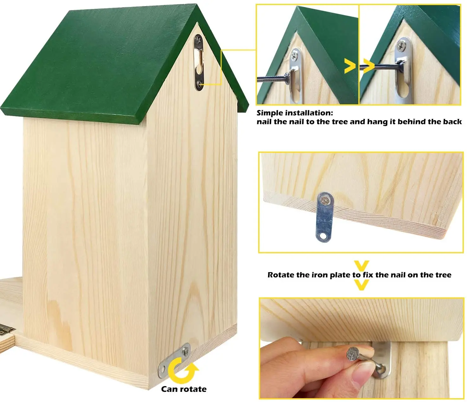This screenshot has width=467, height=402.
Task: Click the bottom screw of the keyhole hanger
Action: pos(199,84)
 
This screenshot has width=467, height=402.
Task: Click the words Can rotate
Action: pos(184,389)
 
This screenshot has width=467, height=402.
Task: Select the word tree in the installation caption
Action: pos(340,122)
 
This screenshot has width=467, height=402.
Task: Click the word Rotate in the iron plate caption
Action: pos(281,275)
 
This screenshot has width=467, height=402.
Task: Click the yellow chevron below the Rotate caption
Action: pos(361,285)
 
